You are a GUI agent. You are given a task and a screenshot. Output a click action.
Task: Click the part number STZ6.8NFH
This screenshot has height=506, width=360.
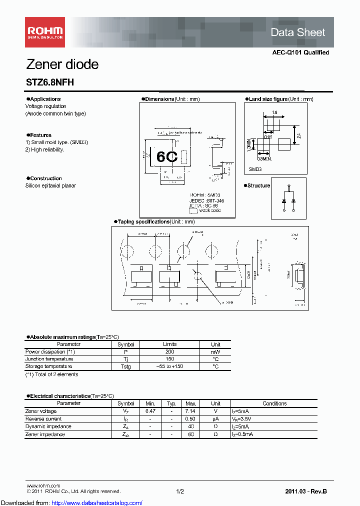click(49, 82)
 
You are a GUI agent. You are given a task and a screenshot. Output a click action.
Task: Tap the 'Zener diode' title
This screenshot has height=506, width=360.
click(62, 64)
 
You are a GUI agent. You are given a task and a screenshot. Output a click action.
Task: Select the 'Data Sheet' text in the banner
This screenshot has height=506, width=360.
click(297, 32)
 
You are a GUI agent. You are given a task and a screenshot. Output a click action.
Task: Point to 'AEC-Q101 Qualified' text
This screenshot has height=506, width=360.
click(300, 52)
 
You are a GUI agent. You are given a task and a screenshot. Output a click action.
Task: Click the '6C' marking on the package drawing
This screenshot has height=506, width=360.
click(167, 157)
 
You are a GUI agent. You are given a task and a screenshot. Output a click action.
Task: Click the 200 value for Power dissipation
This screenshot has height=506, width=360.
click(169, 352)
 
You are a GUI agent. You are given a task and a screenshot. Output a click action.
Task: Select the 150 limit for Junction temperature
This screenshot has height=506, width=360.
click(169, 359)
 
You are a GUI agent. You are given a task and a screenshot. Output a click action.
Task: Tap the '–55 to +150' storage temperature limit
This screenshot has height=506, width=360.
click(169, 366)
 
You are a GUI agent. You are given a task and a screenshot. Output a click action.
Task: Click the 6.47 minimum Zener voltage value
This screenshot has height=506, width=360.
click(150, 411)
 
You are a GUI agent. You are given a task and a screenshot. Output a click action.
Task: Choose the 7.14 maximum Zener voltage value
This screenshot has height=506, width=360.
click(190, 411)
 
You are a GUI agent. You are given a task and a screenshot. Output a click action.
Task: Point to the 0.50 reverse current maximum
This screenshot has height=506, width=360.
click(190, 419)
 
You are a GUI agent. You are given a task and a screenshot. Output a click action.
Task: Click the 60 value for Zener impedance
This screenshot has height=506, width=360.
click(190, 434)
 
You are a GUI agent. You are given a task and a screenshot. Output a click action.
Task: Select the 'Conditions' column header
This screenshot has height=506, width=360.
click(274, 403)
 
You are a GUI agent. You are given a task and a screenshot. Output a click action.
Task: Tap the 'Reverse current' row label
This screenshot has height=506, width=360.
click(43, 419)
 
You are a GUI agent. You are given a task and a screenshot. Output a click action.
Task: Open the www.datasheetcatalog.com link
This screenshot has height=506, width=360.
click(72, 502)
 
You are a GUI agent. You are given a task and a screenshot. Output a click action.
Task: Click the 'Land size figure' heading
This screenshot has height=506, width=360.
click(268, 99)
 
